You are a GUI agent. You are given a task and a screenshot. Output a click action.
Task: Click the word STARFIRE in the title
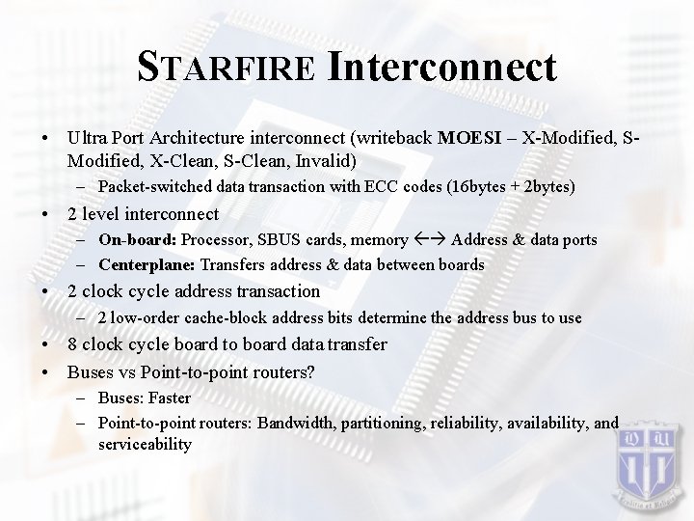coord(227,69)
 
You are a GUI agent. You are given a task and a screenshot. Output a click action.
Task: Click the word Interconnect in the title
coord(441,67)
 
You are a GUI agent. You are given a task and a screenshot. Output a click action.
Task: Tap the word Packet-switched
coord(150,185)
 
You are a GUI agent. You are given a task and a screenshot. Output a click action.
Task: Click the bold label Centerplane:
coord(147,264)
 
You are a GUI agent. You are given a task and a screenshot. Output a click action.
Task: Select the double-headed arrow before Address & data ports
coord(428,239)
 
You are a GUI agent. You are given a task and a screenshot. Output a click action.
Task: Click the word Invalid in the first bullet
coord(327,158)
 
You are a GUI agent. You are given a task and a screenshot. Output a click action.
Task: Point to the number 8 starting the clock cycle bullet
coord(72,344)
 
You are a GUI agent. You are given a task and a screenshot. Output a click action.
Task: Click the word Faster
coord(169,398)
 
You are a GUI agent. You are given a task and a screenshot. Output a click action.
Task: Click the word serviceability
coord(145,444)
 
